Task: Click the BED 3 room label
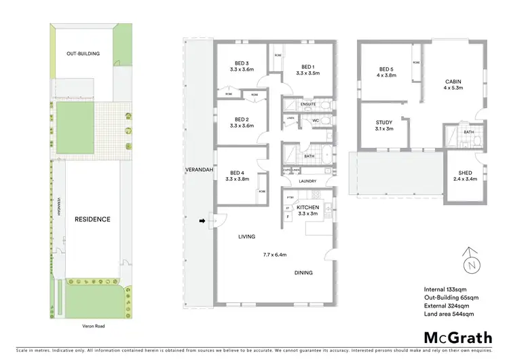pos(242,62)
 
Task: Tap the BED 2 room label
pos(242,118)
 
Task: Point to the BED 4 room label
pos(241,173)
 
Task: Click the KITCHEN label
pos(308,206)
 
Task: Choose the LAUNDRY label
pos(308,181)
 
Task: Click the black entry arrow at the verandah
pos(201,221)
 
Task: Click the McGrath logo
pos(449,337)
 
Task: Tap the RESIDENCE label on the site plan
pos(92,219)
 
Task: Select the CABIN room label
pos(453,81)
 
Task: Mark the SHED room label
pos(465,174)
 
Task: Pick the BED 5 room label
pos(385,69)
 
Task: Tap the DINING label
pos(303,272)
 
